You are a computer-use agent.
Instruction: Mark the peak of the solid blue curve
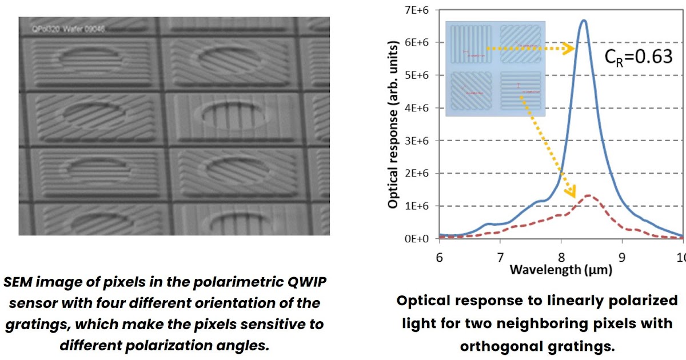(583, 21)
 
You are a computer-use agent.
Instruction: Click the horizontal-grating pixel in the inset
(521, 91)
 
